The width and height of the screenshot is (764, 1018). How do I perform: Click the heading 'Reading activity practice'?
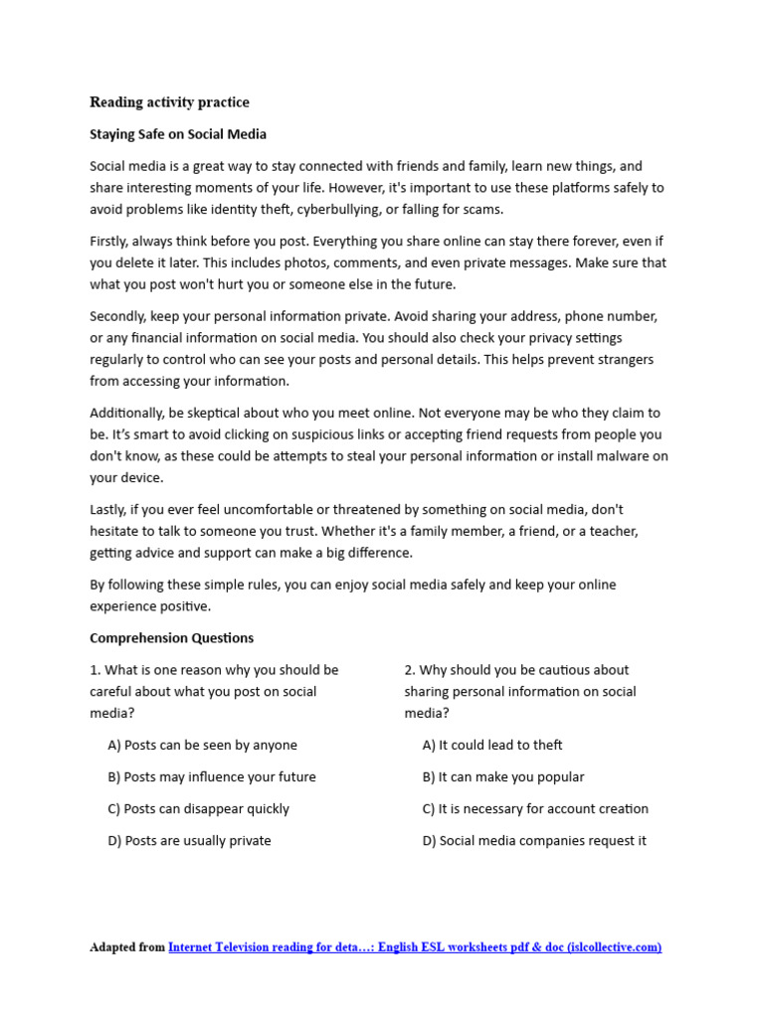[169, 102]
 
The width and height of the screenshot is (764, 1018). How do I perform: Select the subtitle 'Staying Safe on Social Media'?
[178, 134]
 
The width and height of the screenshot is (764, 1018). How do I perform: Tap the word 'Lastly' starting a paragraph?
[108, 509]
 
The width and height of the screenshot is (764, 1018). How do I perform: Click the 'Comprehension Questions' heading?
[171, 638]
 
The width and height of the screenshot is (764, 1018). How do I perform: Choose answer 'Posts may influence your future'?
[212, 777]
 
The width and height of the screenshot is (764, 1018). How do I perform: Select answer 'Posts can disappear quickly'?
[198, 809]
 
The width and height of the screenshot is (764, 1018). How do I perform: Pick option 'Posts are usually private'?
[189, 841]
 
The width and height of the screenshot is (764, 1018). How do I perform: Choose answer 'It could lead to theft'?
[492, 746]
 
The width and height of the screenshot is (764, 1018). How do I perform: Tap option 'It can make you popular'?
[503, 777]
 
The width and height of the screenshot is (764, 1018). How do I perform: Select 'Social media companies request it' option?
[534, 841]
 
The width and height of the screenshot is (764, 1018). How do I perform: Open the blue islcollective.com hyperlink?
[415, 947]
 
